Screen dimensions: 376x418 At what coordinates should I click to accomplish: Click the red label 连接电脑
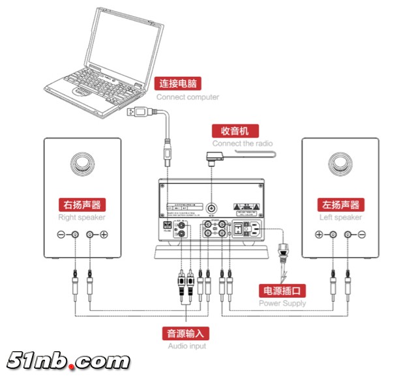pyautogui.click(x=177, y=83)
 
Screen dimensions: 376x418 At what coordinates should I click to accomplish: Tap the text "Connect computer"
pyautogui.click(x=187, y=97)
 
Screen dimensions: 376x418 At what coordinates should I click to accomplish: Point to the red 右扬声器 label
pyautogui.click(x=82, y=204)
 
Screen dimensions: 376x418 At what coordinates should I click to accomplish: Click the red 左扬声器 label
pyautogui.click(x=340, y=204)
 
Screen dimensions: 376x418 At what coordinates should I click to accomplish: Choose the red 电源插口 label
pyautogui.click(x=283, y=291)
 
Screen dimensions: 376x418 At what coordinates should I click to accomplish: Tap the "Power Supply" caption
pyautogui.click(x=282, y=303)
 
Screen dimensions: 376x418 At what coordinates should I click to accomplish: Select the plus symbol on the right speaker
pyautogui.click(x=104, y=235)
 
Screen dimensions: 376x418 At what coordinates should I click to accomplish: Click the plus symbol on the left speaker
pyautogui.click(x=319, y=235)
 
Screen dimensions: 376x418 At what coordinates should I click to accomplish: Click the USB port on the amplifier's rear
pyautogui.click(x=167, y=226)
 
